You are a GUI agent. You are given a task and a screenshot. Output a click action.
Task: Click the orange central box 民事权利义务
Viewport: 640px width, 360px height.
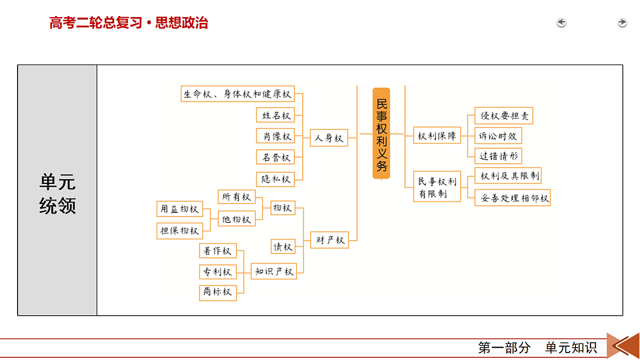click(x=381, y=133)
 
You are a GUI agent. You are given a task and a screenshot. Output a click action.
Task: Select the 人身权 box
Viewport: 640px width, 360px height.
click(x=329, y=138)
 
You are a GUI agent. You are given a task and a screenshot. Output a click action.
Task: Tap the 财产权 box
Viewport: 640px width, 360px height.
click(x=330, y=240)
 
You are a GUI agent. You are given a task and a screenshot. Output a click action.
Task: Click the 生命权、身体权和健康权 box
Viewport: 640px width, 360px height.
click(x=238, y=94)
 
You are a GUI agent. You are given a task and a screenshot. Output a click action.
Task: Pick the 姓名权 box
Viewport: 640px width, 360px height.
click(x=275, y=115)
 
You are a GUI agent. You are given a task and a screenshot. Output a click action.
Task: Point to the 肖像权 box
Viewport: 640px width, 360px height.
click(x=275, y=136)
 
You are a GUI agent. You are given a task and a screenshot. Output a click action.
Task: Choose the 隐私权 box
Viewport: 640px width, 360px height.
click(x=275, y=179)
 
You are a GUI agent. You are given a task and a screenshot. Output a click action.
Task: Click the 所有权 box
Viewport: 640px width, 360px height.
click(x=237, y=197)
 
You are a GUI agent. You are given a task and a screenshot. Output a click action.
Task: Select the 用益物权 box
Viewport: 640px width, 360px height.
click(x=180, y=209)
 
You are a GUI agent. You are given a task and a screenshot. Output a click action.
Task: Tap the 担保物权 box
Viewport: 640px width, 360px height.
click(x=180, y=231)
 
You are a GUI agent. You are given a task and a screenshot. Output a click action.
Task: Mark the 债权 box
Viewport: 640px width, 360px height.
click(x=283, y=246)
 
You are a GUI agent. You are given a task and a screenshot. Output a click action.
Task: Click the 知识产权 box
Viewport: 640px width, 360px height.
click(x=274, y=271)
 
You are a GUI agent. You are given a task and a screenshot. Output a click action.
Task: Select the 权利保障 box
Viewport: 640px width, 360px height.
click(x=437, y=135)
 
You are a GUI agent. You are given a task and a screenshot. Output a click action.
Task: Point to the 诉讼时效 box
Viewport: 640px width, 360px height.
click(x=498, y=135)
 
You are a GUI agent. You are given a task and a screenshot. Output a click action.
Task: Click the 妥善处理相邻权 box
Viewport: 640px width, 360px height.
click(x=513, y=198)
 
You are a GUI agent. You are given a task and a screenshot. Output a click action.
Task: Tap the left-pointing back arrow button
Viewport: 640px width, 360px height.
click(x=561, y=22)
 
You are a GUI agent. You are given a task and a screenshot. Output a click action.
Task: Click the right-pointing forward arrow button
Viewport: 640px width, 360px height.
click(x=622, y=22)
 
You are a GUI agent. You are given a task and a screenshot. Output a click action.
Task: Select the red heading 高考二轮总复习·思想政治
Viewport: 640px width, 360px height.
click(x=129, y=23)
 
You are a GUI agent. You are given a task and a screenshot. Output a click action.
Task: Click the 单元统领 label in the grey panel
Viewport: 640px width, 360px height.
click(x=58, y=194)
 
